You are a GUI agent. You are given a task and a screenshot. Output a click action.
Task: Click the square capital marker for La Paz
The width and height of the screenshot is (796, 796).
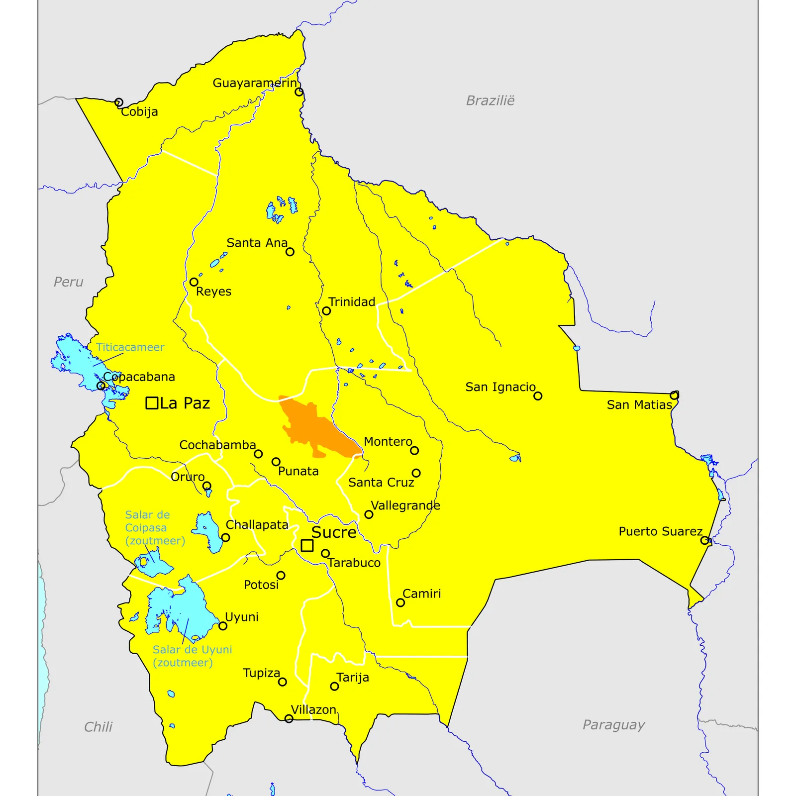pos(152,403)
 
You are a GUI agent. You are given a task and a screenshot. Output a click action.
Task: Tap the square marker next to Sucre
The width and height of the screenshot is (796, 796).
pos(307,546)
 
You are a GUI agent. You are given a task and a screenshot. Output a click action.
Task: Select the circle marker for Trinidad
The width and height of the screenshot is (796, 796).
pos(326,311)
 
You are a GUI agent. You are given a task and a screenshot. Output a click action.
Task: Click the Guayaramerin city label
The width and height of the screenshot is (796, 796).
pos(255,83)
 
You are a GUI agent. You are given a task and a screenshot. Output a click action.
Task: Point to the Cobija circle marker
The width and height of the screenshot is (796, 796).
pos(118,102)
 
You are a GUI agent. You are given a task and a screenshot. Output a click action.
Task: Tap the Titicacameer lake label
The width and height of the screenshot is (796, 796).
pos(130,347)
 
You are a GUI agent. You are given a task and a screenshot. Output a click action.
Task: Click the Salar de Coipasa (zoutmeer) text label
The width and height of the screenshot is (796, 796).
pos(155,527)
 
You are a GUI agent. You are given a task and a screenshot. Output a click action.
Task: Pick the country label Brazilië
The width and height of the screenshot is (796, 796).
pos(490,100)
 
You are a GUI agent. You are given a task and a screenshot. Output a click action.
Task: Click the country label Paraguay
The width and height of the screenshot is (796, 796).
pos(613,724)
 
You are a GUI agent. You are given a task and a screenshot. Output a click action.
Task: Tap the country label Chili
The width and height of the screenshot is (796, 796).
pos(98,727)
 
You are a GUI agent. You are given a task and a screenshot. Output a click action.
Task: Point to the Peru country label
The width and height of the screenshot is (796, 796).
pos(68,282)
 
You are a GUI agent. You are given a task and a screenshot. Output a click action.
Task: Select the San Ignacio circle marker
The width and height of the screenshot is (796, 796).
pos(538,396)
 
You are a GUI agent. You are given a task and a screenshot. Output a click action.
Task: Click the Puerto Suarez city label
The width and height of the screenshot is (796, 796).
pos(660,531)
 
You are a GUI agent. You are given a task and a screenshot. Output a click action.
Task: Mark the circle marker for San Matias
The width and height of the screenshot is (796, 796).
pos(674,396)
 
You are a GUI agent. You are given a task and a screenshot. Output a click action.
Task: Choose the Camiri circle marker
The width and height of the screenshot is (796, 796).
pos(400,602)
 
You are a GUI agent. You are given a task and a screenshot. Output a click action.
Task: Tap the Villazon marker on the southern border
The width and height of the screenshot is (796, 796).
pos(289,718)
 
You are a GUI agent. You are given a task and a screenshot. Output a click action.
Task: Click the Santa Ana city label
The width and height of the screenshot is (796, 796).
pos(257,243)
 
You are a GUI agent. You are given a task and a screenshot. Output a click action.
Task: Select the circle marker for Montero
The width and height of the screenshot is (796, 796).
pos(414,451)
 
